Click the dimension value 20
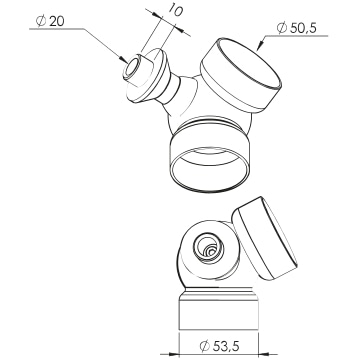pyautogui.click(x=57, y=21)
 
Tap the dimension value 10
pyautogui.click(x=175, y=10)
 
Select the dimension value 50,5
pyautogui.click(x=303, y=28)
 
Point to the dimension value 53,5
pyautogui.click(x=226, y=346)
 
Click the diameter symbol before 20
pyautogui.click(x=41, y=21)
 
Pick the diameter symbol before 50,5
pyautogui.click(x=282, y=28)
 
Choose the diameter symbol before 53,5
pyautogui.click(x=205, y=346)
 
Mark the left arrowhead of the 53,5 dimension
pyautogui.click(x=174, y=354)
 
